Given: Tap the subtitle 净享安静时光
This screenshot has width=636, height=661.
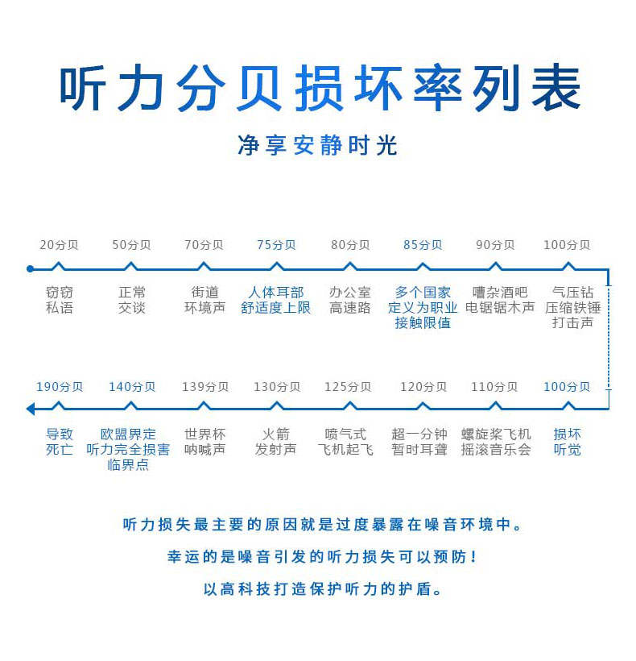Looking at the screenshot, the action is tap(318, 145).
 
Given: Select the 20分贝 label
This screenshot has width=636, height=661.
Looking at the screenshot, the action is tap(59, 245).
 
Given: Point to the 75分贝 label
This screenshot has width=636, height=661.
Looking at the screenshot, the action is tap(276, 245).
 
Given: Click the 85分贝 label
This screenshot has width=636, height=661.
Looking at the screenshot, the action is tap(423, 245).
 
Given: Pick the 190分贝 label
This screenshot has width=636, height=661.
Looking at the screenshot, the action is tap(60, 387).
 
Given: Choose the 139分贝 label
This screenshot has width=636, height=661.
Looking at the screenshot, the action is tap(204, 387).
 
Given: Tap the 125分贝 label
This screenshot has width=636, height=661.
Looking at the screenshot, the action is tap(348, 387).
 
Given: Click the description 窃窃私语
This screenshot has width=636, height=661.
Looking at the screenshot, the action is tap(60, 300).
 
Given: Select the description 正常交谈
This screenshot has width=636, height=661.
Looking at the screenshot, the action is tap(131, 300).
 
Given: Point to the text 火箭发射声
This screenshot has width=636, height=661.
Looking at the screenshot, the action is tap(276, 442).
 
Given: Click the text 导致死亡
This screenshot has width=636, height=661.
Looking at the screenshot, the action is tap(60, 442).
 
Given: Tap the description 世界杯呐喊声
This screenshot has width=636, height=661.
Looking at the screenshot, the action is tap(204, 442).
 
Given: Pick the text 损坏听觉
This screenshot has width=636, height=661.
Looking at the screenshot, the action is tap(567, 442).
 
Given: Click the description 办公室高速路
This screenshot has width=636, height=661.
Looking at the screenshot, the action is tap(349, 300).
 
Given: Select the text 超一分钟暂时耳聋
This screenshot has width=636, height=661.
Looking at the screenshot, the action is tap(419, 442).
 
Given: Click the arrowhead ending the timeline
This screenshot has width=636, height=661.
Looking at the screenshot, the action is tap(31, 409).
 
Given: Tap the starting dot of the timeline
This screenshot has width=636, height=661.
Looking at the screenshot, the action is tap(30, 268).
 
